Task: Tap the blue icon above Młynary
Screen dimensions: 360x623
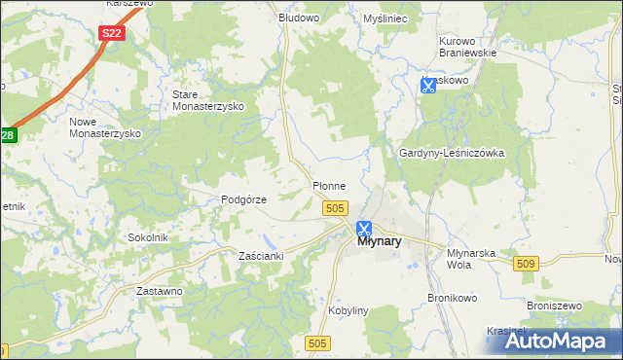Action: pyautogui.click(x=364, y=229)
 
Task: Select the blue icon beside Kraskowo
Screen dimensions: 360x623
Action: pyautogui.click(x=427, y=86)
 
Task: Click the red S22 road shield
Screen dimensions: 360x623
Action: pyautogui.click(x=112, y=33)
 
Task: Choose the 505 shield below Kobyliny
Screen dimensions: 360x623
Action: pyautogui.click(x=317, y=342)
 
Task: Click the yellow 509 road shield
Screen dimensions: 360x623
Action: pyautogui.click(x=527, y=264)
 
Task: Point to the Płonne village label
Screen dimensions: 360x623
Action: pyautogui.click(x=328, y=185)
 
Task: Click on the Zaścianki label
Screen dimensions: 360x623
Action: pyautogui.click(x=261, y=256)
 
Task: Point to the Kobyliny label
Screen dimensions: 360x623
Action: pyautogui.click(x=348, y=310)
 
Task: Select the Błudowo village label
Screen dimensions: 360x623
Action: pyautogui.click(x=299, y=18)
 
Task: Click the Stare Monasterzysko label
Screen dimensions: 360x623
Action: pyautogui.click(x=207, y=100)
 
